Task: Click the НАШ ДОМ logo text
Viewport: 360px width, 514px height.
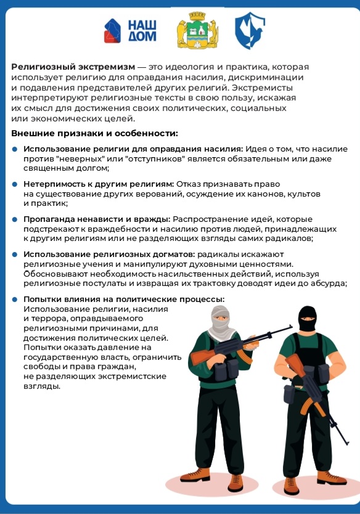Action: point(142,30)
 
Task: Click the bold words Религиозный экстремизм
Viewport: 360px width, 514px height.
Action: point(73,67)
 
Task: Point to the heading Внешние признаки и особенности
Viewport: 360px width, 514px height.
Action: point(94,133)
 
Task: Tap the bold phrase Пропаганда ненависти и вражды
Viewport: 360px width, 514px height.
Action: point(97,219)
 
